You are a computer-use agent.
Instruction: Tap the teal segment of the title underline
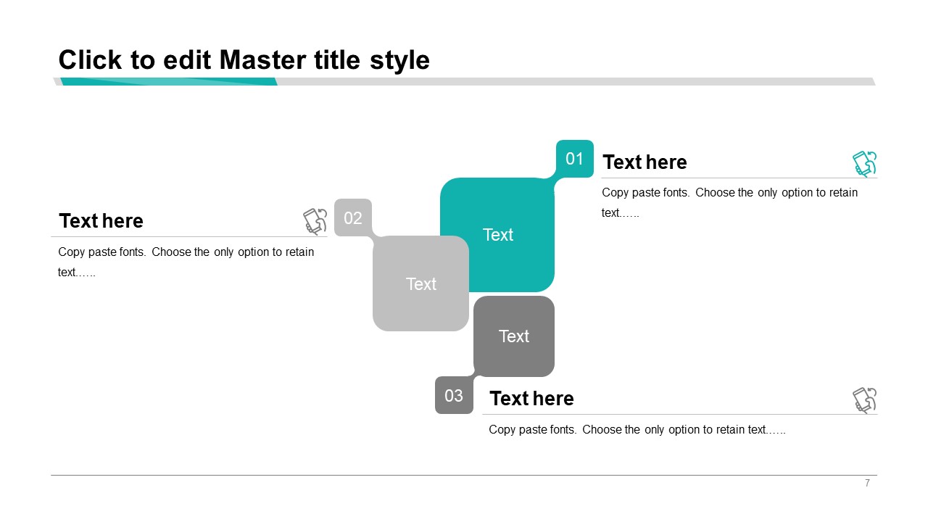169,82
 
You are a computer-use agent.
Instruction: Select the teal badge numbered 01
575,159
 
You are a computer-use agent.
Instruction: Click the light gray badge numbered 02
353,217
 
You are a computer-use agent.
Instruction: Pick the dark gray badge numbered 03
454,395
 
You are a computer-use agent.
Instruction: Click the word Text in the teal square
498,235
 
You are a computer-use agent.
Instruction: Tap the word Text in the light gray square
421,284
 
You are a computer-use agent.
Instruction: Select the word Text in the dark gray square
514,336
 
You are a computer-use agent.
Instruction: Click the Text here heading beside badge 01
645,162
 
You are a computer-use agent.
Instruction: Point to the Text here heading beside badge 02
101,221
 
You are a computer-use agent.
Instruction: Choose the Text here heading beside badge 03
531,399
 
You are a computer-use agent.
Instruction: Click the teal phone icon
865,164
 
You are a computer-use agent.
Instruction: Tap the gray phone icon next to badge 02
315,222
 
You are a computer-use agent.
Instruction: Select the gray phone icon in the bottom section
865,400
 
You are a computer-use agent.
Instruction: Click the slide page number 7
867,483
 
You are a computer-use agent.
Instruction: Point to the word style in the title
399,61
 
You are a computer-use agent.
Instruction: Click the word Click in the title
91,60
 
